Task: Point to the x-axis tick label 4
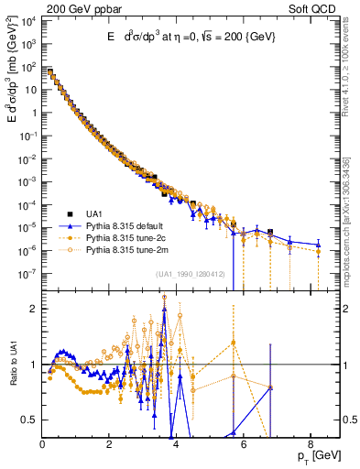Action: (176, 444)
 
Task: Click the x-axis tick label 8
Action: (310, 444)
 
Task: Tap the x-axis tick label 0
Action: (42, 444)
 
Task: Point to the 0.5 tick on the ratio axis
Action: (29, 420)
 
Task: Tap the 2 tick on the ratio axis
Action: (33, 309)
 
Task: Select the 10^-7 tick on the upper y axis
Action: (27, 273)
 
